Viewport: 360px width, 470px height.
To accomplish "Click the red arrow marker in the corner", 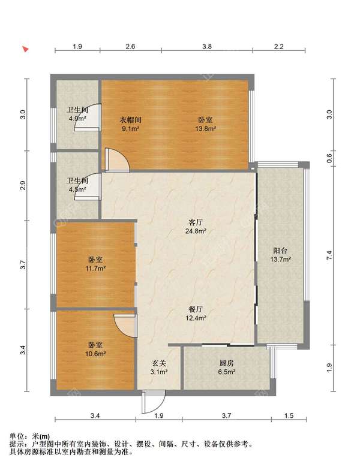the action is point(26,49).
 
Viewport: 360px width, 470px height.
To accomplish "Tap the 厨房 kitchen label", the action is point(227,363).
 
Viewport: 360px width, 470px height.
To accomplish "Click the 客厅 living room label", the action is point(196,222).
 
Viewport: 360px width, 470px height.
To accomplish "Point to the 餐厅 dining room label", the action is point(196,309).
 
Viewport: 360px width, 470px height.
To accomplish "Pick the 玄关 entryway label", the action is point(158,363).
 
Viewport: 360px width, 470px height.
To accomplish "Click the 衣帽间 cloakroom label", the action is point(131,120).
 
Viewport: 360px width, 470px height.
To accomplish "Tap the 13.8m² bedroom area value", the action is point(205,129).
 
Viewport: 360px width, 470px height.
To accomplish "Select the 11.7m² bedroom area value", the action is point(95,269).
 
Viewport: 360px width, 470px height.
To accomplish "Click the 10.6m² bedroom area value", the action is point(95,354).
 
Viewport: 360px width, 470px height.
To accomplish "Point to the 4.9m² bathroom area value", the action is point(77,119).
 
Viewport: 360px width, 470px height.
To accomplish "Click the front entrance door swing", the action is point(154,402).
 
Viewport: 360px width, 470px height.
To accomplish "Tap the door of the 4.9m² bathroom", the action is point(88,117).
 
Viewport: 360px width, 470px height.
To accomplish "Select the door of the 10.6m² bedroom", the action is point(125,326).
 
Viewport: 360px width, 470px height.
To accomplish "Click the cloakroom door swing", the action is point(117,160).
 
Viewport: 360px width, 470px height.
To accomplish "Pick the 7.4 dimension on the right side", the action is point(330,255).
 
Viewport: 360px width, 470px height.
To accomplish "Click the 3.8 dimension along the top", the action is point(206,47).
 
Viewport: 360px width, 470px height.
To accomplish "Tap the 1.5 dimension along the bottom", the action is point(289,416).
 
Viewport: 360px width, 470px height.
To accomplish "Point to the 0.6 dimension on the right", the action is point(330,157).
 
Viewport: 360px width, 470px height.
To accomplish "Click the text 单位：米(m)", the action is point(30,436).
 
